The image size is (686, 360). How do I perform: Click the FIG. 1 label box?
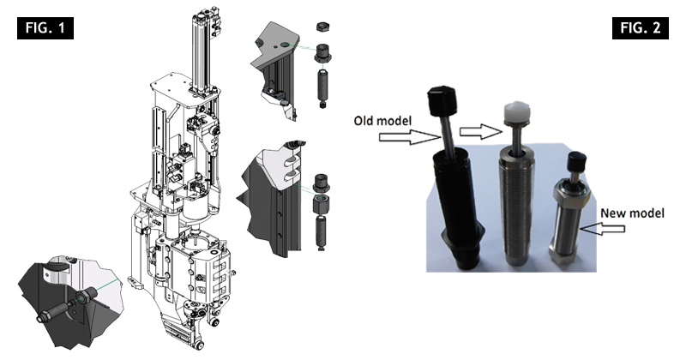pos(45,28)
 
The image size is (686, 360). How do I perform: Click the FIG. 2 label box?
pos(640,28)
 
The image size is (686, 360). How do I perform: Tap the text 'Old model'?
pos(382,120)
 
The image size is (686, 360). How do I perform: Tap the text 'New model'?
pos(632,213)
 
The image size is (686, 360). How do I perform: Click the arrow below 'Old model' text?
pos(410,137)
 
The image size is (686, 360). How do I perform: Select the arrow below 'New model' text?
pos(602,228)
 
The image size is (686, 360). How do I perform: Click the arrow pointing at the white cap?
pos(480,131)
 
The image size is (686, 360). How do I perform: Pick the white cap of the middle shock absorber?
pos(516,112)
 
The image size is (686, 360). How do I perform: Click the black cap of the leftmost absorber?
pos(442,100)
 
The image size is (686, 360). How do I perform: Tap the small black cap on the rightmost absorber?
pos(577,161)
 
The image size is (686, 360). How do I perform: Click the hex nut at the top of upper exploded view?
pos(322,27)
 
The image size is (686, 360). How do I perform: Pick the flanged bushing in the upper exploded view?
pos(323,53)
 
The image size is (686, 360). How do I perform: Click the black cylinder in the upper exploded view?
pos(323,87)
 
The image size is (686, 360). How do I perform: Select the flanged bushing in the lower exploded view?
pos(322,183)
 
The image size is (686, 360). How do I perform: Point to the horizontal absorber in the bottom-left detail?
pos(59,307)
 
